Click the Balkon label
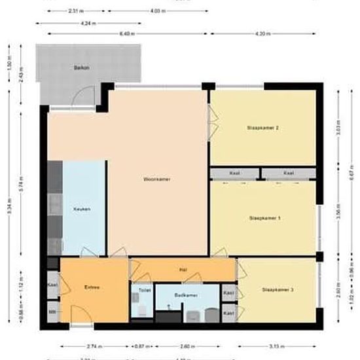point(81,67)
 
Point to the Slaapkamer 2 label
point(263,127)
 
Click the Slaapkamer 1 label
point(265,217)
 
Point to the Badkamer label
point(186,295)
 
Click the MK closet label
point(52,312)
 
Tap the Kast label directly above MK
point(52,285)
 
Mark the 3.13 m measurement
point(279,346)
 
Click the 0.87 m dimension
point(139,346)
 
